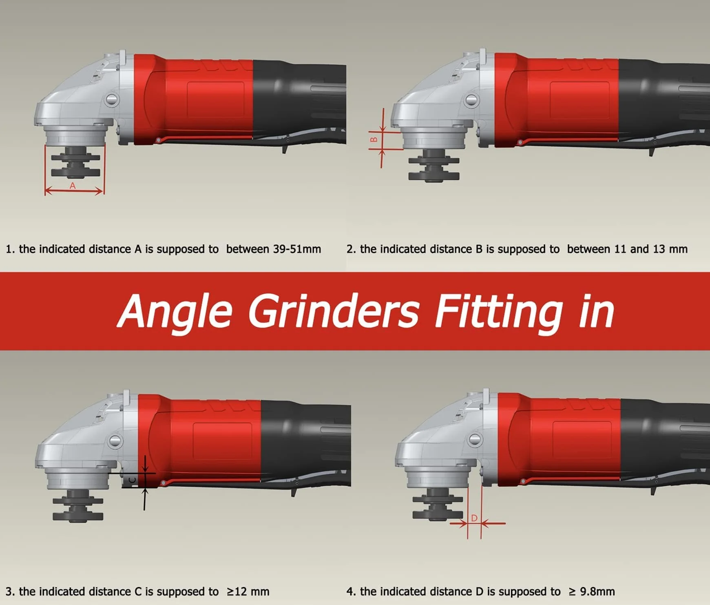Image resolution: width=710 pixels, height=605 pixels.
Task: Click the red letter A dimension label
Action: [x=73, y=186]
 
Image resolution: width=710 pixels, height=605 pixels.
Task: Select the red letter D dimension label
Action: [x=474, y=518]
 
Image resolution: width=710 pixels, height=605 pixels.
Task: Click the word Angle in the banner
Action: [x=175, y=311]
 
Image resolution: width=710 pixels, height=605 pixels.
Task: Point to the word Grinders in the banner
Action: [x=334, y=311]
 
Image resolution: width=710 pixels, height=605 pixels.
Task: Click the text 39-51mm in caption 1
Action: [x=297, y=249]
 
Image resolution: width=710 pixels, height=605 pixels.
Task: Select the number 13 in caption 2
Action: [x=659, y=249]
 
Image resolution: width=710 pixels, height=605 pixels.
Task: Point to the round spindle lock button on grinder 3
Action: [x=115, y=441]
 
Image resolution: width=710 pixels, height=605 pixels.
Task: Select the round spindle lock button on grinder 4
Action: [x=475, y=439]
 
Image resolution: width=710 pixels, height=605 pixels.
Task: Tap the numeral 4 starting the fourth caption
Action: [x=349, y=592]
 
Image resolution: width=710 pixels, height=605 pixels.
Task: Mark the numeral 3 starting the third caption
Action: [x=9, y=592]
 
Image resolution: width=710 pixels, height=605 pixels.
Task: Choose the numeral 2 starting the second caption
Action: [x=349, y=249]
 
